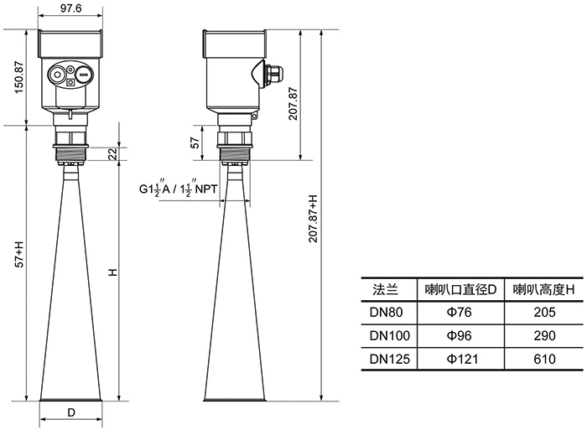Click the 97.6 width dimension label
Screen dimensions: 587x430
70,8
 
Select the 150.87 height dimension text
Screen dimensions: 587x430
19,77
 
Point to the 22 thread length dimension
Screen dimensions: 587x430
112,154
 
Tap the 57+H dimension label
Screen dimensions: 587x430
19,255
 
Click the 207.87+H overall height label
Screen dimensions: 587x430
313,218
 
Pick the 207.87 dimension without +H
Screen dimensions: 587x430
293,104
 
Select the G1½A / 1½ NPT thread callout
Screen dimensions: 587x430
178,189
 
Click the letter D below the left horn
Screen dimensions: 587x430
71,412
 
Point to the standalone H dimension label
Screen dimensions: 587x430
112,272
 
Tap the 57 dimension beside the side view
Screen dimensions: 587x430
195,143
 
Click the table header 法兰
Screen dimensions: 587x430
385,289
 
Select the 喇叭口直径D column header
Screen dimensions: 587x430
461,289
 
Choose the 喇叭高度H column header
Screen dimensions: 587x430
543,289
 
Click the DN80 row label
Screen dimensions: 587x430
386,312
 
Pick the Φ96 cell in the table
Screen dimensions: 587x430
460,335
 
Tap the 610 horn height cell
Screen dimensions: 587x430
544,359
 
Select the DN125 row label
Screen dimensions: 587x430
390,359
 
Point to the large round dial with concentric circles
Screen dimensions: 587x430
57,75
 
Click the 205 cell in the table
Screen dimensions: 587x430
544,312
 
